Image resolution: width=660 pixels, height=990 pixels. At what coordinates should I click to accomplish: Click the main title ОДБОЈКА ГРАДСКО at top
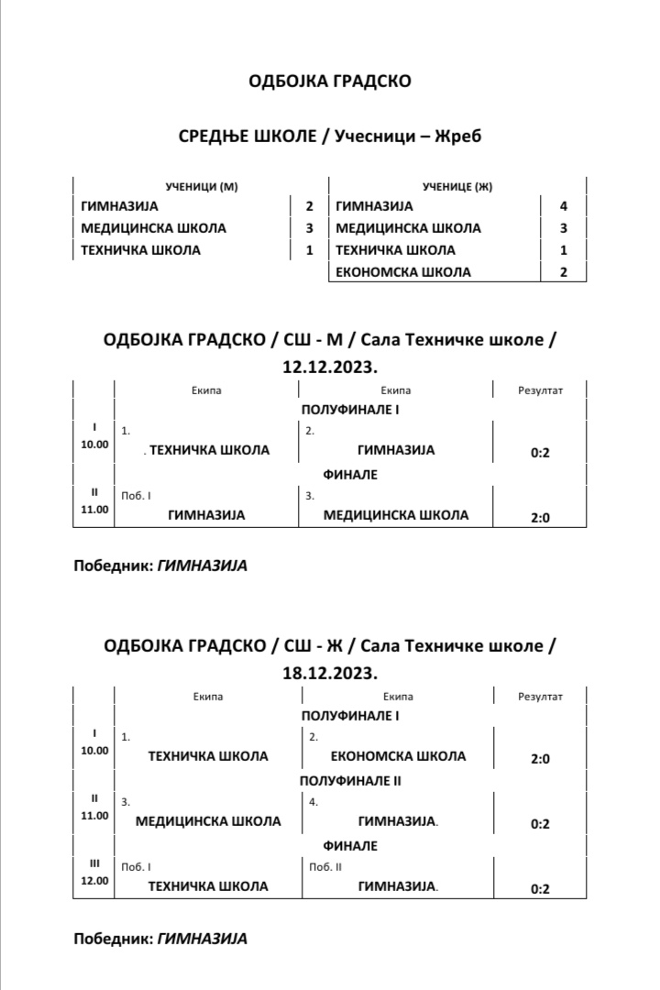click(x=330, y=82)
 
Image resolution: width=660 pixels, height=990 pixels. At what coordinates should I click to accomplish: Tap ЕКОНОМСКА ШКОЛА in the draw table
click(x=403, y=272)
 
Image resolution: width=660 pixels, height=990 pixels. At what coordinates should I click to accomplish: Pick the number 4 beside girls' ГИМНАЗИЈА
click(x=564, y=206)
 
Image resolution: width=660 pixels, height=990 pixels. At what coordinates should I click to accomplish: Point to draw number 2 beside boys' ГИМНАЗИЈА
click(x=309, y=206)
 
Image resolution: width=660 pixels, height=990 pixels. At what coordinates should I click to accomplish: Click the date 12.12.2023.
click(x=330, y=368)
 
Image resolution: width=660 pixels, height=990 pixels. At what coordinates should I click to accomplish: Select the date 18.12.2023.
click(x=330, y=673)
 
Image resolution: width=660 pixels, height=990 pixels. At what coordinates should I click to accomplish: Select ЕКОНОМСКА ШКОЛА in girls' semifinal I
click(x=397, y=756)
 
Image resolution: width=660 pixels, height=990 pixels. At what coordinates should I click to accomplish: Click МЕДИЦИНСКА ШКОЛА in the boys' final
click(x=396, y=515)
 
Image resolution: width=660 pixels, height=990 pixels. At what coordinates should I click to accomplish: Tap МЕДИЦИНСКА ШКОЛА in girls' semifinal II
click(x=208, y=821)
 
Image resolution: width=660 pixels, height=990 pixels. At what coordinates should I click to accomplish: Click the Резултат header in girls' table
click(x=540, y=697)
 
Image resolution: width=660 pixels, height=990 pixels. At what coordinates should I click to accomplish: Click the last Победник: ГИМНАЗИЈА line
click(x=160, y=939)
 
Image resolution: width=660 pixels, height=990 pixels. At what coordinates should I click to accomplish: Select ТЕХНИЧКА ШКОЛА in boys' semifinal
click(x=209, y=450)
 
